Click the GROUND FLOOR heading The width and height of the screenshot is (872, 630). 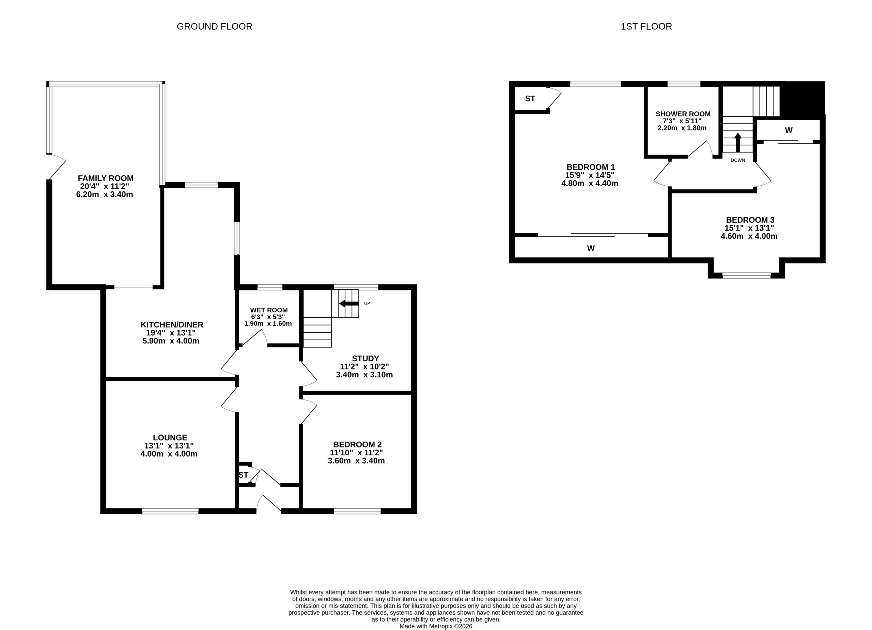tap(215, 27)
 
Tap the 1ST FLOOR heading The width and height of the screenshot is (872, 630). tap(646, 27)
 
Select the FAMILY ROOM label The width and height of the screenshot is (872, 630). tap(106, 178)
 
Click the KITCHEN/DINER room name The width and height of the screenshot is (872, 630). tap(172, 325)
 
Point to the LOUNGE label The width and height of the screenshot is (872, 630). tap(170, 438)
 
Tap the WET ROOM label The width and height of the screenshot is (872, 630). tap(269, 310)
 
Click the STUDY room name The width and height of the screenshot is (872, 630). tap(365, 358)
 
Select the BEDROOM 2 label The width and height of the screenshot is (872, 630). tap(357, 444)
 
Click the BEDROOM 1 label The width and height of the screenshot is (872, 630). tap(591, 167)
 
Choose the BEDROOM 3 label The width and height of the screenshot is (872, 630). tap(750, 220)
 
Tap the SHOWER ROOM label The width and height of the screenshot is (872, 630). tap(683, 114)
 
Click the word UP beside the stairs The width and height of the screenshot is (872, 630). tap(367, 304)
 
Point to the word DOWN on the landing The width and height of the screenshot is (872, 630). tap(738, 160)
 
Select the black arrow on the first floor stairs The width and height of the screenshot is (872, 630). tap(738, 142)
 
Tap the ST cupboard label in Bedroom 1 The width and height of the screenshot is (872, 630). tap(530, 99)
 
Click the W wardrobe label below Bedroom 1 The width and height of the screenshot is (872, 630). tap(591, 249)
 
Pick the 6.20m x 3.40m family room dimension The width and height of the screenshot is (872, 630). tap(105, 194)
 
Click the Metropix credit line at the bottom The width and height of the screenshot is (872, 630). tap(436, 626)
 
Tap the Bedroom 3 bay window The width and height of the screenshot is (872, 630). tap(746, 275)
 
